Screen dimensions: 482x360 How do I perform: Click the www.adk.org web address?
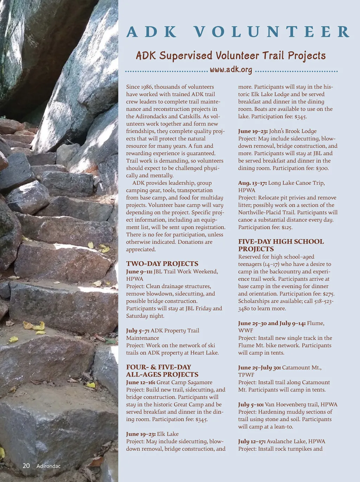(x=231, y=70)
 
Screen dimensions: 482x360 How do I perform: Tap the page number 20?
(x=26, y=466)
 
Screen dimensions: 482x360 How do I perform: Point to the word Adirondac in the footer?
(x=49, y=466)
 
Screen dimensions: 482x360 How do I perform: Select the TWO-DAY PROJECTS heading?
(x=162, y=264)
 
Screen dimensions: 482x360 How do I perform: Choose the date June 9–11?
(x=139, y=272)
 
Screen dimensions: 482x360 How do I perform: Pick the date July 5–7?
(x=137, y=331)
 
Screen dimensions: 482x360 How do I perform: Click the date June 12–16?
(x=141, y=382)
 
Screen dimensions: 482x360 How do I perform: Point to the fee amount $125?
(x=287, y=227)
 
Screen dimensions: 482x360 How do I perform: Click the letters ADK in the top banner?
(x=152, y=32)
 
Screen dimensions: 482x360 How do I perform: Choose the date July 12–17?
(x=252, y=442)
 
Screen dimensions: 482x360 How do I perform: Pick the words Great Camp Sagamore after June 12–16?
(x=185, y=382)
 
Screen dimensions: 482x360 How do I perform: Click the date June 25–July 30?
(x=259, y=368)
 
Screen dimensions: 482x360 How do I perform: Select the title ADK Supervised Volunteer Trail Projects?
(x=231, y=56)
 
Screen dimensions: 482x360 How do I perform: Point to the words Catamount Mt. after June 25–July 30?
(x=302, y=368)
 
